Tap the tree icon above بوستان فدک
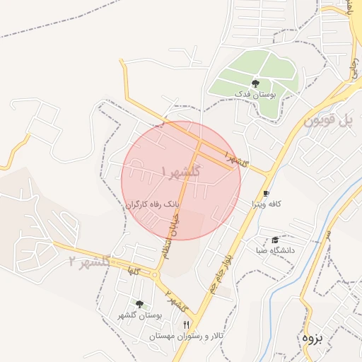[x=255, y=83]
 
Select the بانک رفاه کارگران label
[x=153, y=204]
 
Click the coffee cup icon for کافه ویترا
[x=266, y=193]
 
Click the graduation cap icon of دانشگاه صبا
[x=275, y=240]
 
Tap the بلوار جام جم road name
[x=218, y=272]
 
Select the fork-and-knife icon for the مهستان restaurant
[x=186, y=324]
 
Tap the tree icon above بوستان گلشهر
[x=139, y=304]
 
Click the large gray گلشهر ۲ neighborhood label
[x=90, y=262]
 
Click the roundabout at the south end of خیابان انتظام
[x=156, y=274]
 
